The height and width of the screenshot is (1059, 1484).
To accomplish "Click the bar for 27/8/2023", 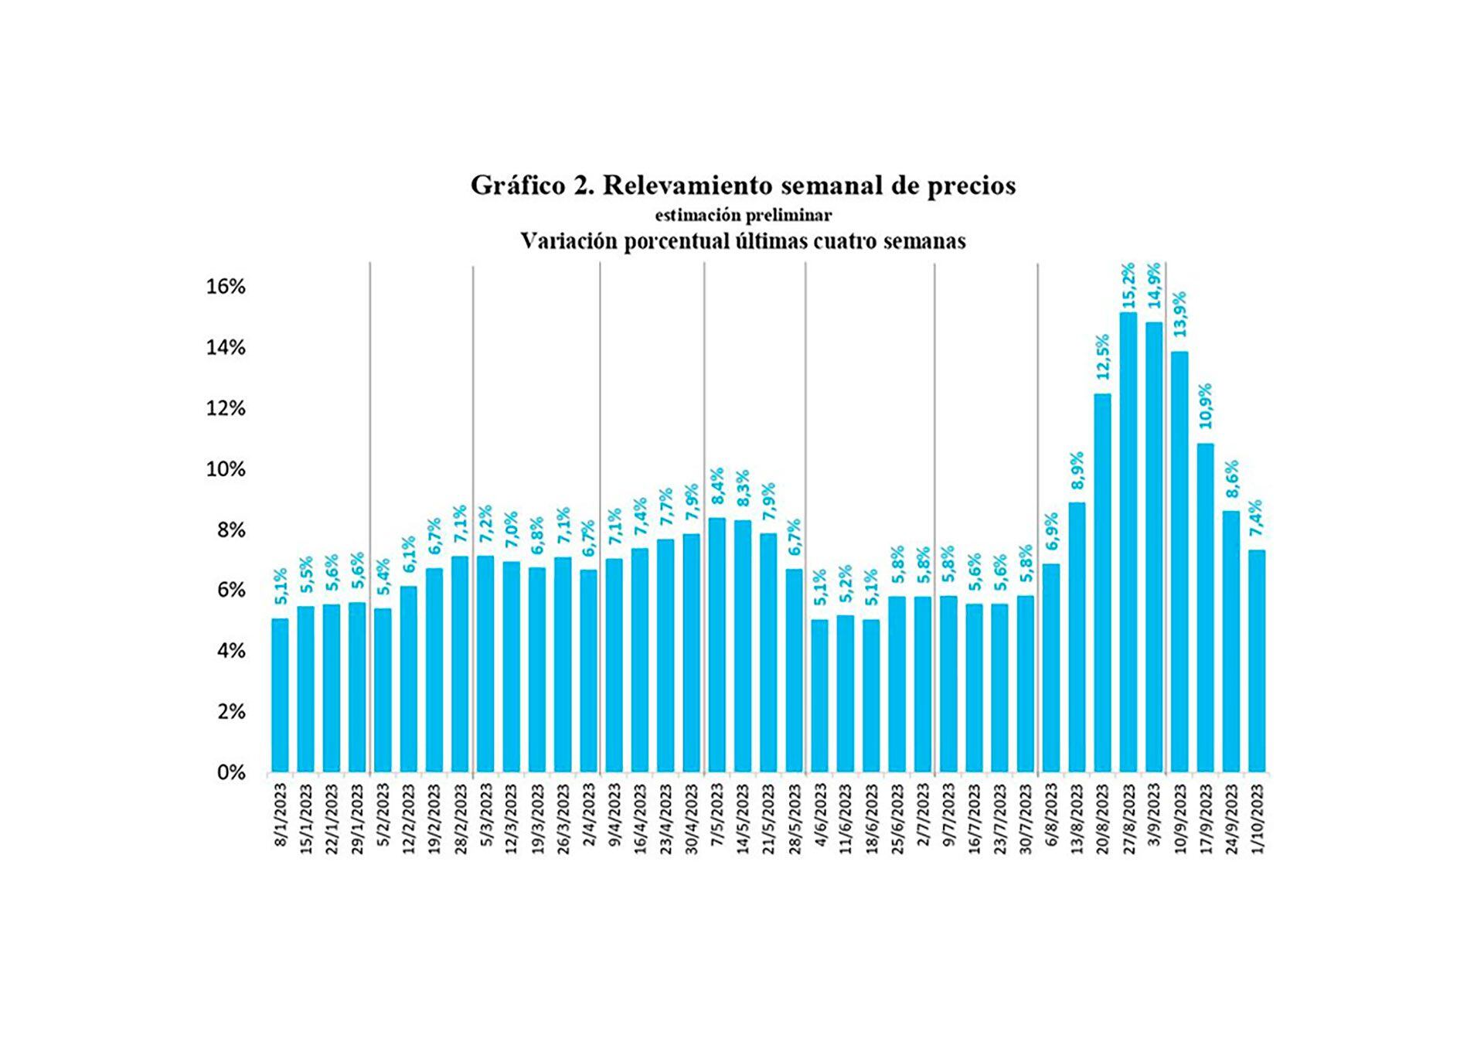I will click(1128, 541).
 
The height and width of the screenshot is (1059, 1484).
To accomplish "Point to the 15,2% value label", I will click(1128, 286).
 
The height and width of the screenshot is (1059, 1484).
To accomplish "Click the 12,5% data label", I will click(1103, 356).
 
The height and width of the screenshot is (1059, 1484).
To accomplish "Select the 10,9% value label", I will click(1206, 406).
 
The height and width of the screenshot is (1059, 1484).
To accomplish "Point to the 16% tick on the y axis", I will click(225, 287).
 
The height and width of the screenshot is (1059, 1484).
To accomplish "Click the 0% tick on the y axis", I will click(231, 772).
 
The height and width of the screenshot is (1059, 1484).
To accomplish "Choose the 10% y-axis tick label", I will click(225, 469).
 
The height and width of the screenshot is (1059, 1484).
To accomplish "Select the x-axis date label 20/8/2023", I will click(1104, 819).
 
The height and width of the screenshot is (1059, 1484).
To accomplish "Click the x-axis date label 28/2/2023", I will click(461, 819).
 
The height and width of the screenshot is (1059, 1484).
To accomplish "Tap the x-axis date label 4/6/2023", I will click(821, 816).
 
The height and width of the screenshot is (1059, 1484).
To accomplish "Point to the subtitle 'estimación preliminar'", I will click(743, 215).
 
